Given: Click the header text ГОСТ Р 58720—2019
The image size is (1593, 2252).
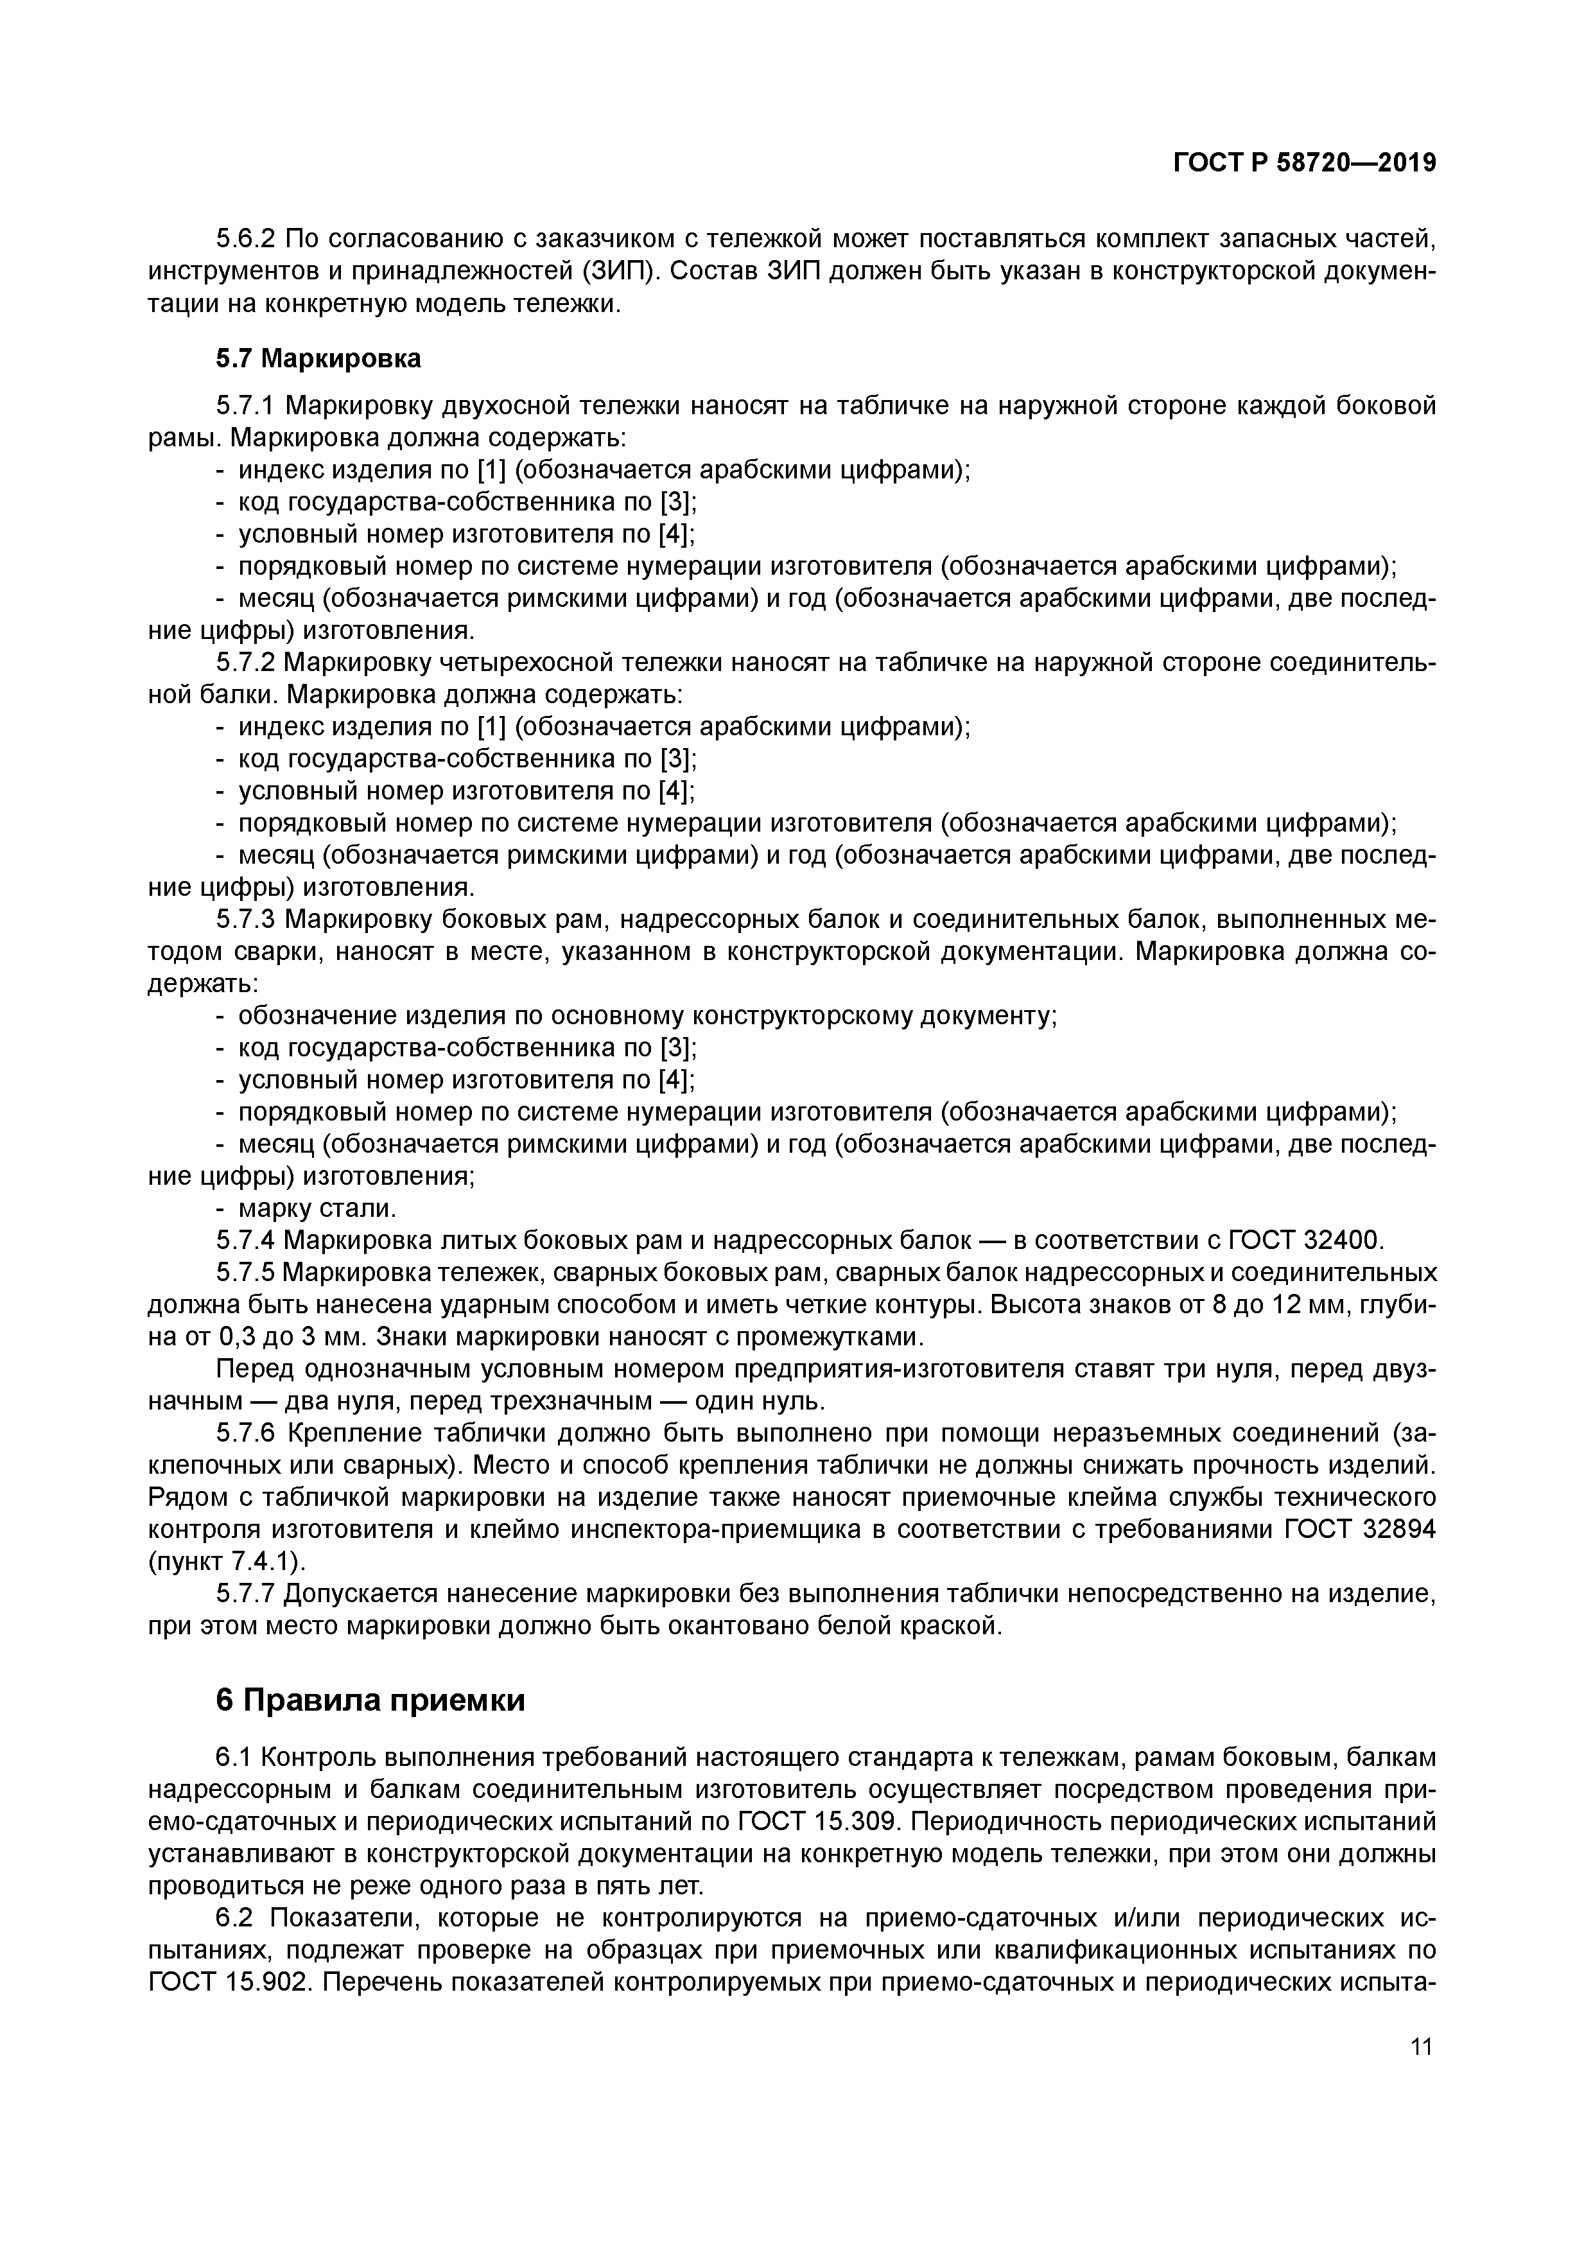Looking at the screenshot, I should pyautogui.click(x=1305, y=163).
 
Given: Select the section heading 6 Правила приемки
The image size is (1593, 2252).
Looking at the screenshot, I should pyautogui.click(x=370, y=1700).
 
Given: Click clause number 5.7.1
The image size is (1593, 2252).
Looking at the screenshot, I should pyautogui.click(x=246, y=405).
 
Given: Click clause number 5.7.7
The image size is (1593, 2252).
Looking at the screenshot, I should pyautogui.click(x=246, y=1594).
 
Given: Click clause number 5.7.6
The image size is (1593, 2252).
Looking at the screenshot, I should pyautogui.click(x=246, y=1433).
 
